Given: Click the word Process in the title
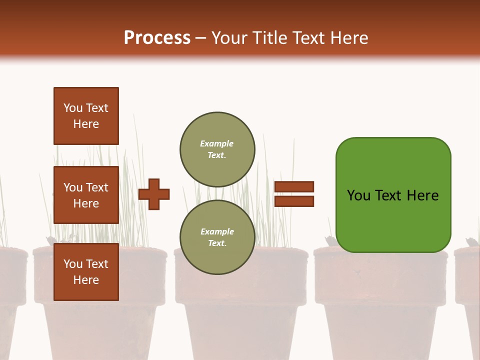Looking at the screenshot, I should pyautogui.click(x=157, y=37).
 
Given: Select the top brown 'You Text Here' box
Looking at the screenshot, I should pyautogui.click(x=86, y=116).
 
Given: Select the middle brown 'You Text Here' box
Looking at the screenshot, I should pyautogui.click(x=86, y=195).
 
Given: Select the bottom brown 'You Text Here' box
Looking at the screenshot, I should pyautogui.click(x=86, y=271).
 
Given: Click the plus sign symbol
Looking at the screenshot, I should pyautogui.click(x=154, y=194).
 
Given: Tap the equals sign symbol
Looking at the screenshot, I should pyautogui.click(x=294, y=194).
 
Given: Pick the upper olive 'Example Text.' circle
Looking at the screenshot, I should pyautogui.click(x=217, y=149).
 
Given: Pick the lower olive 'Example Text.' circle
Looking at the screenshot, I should pyautogui.click(x=217, y=237).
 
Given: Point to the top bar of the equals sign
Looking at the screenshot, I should pyautogui.click(x=294, y=186).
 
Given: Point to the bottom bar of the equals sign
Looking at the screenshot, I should pyautogui.click(x=294, y=201).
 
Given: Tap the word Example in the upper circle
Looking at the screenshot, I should pyautogui.click(x=217, y=143).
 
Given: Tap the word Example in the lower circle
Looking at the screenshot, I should pyautogui.click(x=217, y=231).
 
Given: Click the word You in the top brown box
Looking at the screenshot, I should pyautogui.click(x=73, y=108).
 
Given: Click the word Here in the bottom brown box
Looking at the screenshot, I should pyautogui.click(x=86, y=280).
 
